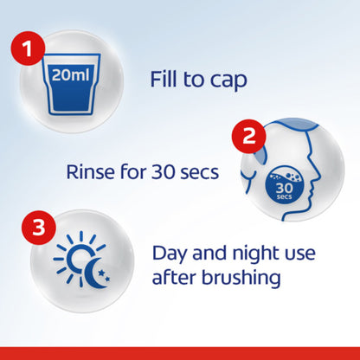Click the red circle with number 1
click(x=28, y=48)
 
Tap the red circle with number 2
click(x=249, y=136)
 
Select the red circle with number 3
click(x=39, y=228)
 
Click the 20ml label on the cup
click(x=70, y=75)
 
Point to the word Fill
click(x=164, y=79)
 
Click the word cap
click(x=228, y=81)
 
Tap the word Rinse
click(x=89, y=172)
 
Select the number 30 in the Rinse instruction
click(x=163, y=172)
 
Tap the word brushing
click(x=241, y=279)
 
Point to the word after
click(x=174, y=278)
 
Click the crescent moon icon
click(x=94, y=273)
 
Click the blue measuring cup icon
click(x=71, y=84)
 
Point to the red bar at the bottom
click(x=180, y=353)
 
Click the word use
click(x=299, y=254)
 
